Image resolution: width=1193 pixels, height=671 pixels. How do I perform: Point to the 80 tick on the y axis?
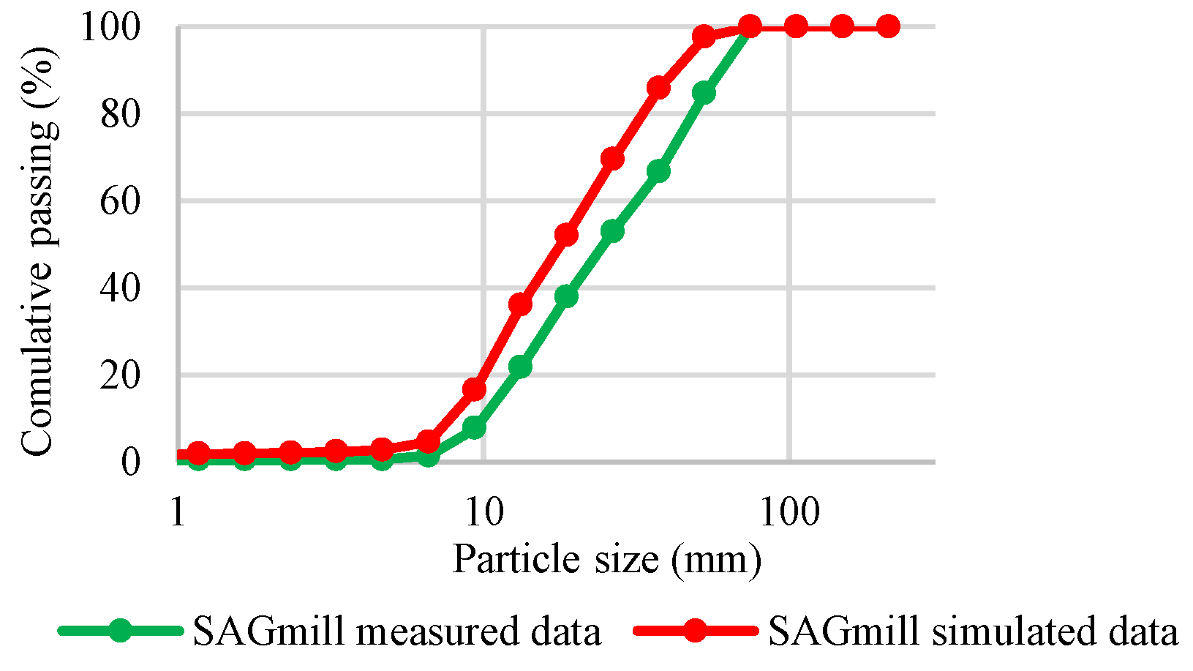coord(120,114)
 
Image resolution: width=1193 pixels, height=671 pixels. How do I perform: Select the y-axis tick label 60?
coord(120,201)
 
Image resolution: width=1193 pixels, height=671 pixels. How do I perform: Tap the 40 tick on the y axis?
coord(120,288)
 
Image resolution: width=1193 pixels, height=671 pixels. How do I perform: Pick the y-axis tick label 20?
coord(120,375)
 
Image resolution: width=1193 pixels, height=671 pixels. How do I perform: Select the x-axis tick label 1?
coord(178,512)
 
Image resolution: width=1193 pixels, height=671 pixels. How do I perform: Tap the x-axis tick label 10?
coord(484,512)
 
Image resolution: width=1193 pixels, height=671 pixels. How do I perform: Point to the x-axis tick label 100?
coord(789,512)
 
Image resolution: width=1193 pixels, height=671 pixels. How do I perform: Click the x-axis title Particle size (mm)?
coord(607,560)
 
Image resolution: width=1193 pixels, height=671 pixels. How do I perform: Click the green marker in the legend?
coord(121,631)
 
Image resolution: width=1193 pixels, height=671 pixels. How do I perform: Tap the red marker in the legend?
coord(695,631)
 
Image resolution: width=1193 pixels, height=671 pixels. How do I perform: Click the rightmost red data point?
coord(888,27)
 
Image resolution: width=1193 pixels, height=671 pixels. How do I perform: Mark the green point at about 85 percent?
coord(704,93)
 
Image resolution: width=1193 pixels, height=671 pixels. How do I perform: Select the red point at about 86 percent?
coord(658,88)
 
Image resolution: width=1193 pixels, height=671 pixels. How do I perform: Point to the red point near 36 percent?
coord(520,304)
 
